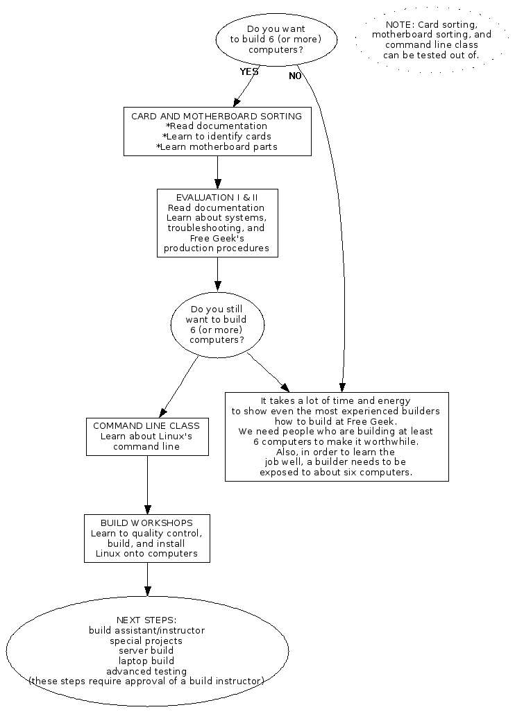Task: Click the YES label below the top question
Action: coord(248,71)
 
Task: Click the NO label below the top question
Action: coord(295,76)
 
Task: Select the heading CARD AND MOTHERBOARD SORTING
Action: coord(217,116)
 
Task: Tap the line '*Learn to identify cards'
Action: coord(217,136)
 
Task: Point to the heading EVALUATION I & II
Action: coord(217,197)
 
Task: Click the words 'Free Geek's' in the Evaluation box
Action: coord(217,238)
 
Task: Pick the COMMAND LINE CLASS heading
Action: coord(146,425)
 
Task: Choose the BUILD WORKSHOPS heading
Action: coord(146,522)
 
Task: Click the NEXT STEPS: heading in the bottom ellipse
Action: coord(146,619)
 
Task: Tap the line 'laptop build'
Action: coord(146,661)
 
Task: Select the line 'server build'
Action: coord(146,650)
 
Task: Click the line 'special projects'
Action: coord(146,641)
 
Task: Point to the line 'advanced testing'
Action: coord(146,671)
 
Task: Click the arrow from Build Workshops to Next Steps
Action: coord(147,579)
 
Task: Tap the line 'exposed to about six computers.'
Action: coord(336,472)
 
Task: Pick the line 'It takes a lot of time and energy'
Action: coord(336,400)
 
